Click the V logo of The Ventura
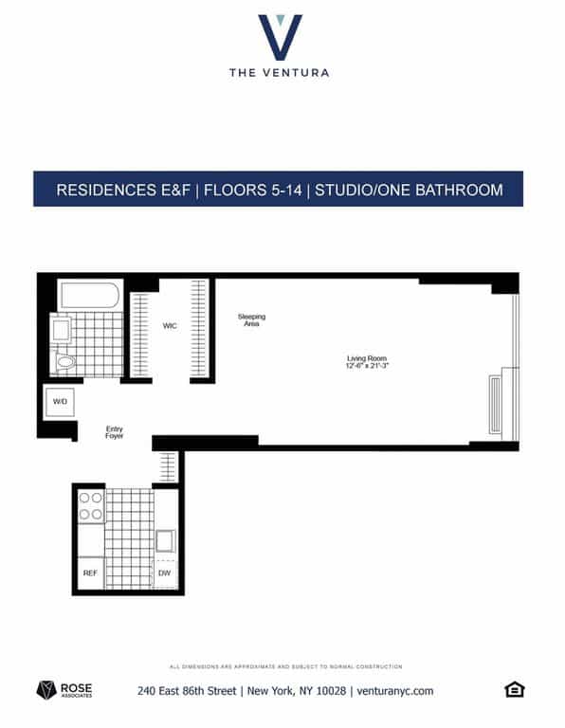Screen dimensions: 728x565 point(281,37)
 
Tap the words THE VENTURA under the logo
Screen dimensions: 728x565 point(280,72)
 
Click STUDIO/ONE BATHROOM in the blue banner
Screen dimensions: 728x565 point(410,190)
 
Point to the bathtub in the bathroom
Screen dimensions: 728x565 point(90,295)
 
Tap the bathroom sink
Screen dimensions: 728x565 point(60,330)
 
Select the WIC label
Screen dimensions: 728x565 point(170,326)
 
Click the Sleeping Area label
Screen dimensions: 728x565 point(251,319)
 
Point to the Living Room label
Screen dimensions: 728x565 point(366,358)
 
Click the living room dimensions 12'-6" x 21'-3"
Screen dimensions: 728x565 point(366,367)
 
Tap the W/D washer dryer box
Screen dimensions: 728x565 point(60,402)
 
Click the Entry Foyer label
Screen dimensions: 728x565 point(114,433)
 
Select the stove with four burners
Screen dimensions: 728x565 point(91,506)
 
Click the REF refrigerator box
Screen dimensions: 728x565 point(90,573)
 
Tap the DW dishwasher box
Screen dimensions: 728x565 point(165,573)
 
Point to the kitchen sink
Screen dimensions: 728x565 point(165,541)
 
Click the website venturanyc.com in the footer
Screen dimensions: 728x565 point(395,691)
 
